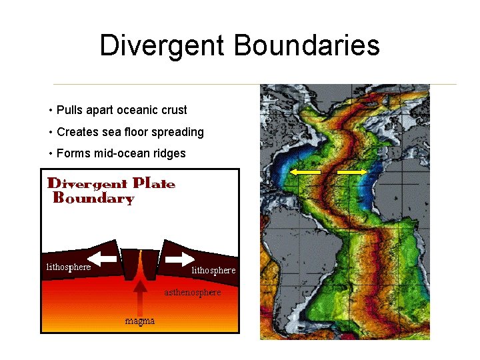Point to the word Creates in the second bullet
[x=77, y=132]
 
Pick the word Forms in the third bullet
[x=72, y=153]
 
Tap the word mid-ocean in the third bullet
[x=117, y=153]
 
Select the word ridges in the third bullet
[x=170, y=153]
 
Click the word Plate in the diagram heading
[x=154, y=183]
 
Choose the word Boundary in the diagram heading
[x=93, y=198]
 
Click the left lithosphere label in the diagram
[x=68, y=267]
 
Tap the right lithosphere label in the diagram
[x=213, y=270]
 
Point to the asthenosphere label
[x=193, y=292]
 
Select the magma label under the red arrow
[x=140, y=321]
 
